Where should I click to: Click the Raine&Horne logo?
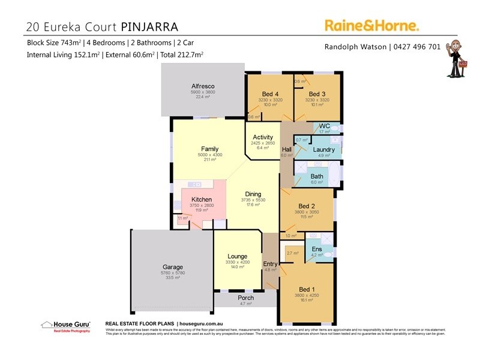pos(371,25)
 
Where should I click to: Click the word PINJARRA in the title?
pos(150,27)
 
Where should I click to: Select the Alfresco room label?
pos(203,86)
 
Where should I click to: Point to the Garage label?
pos(173,267)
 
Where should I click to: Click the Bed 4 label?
pos(269,94)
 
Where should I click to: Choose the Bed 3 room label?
pos(317,94)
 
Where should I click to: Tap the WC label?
pos(325,125)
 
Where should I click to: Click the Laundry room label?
pos(323,149)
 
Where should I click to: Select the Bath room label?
pos(317,176)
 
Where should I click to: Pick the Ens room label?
pos(317,249)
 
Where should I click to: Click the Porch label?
pos(245,298)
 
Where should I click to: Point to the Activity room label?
pos(263,137)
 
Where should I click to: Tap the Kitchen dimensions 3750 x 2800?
pos(201,205)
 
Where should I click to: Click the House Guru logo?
pos(65,326)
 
